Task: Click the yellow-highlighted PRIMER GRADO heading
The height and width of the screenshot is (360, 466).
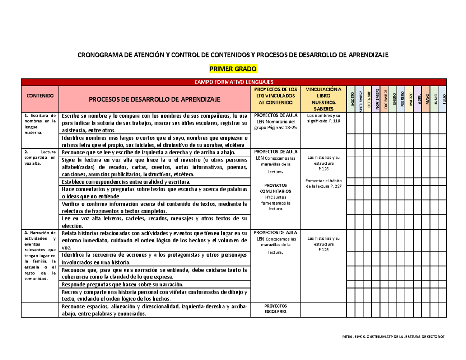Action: click(x=233, y=69)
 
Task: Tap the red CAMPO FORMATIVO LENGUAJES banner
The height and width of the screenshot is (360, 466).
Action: click(x=233, y=82)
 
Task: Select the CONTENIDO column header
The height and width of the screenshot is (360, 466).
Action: click(x=40, y=95)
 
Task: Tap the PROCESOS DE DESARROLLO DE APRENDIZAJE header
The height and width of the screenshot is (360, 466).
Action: click(x=155, y=99)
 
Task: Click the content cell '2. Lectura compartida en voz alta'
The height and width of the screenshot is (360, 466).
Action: click(x=40, y=157)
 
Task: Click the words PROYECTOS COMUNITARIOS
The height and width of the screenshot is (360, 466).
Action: click(x=276, y=188)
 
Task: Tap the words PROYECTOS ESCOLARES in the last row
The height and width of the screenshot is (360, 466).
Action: click(x=276, y=308)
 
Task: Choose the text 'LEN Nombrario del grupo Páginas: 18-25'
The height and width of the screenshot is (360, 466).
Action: click(x=276, y=125)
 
